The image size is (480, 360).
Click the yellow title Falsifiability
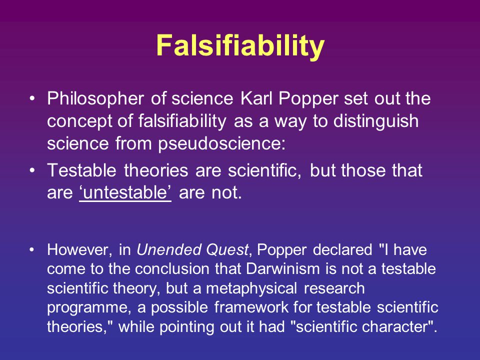[x=240, y=46]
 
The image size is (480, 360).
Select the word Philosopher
[x=95, y=99]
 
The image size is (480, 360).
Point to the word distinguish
[x=376, y=121]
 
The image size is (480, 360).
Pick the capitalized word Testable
[x=81, y=170]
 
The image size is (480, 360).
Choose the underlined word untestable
[x=125, y=193]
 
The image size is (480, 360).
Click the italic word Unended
[x=169, y=249]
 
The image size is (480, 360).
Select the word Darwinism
[x=283, y=269]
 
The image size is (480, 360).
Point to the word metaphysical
[x=251, y=289]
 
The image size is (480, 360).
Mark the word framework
[x=251, y=307]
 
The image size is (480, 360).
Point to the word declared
[x=342, y=249]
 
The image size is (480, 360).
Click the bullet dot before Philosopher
[x=32, y=98]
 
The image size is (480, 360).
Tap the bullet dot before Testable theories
[x=32, y=170]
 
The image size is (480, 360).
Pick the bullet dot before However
[x=32, y=250]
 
